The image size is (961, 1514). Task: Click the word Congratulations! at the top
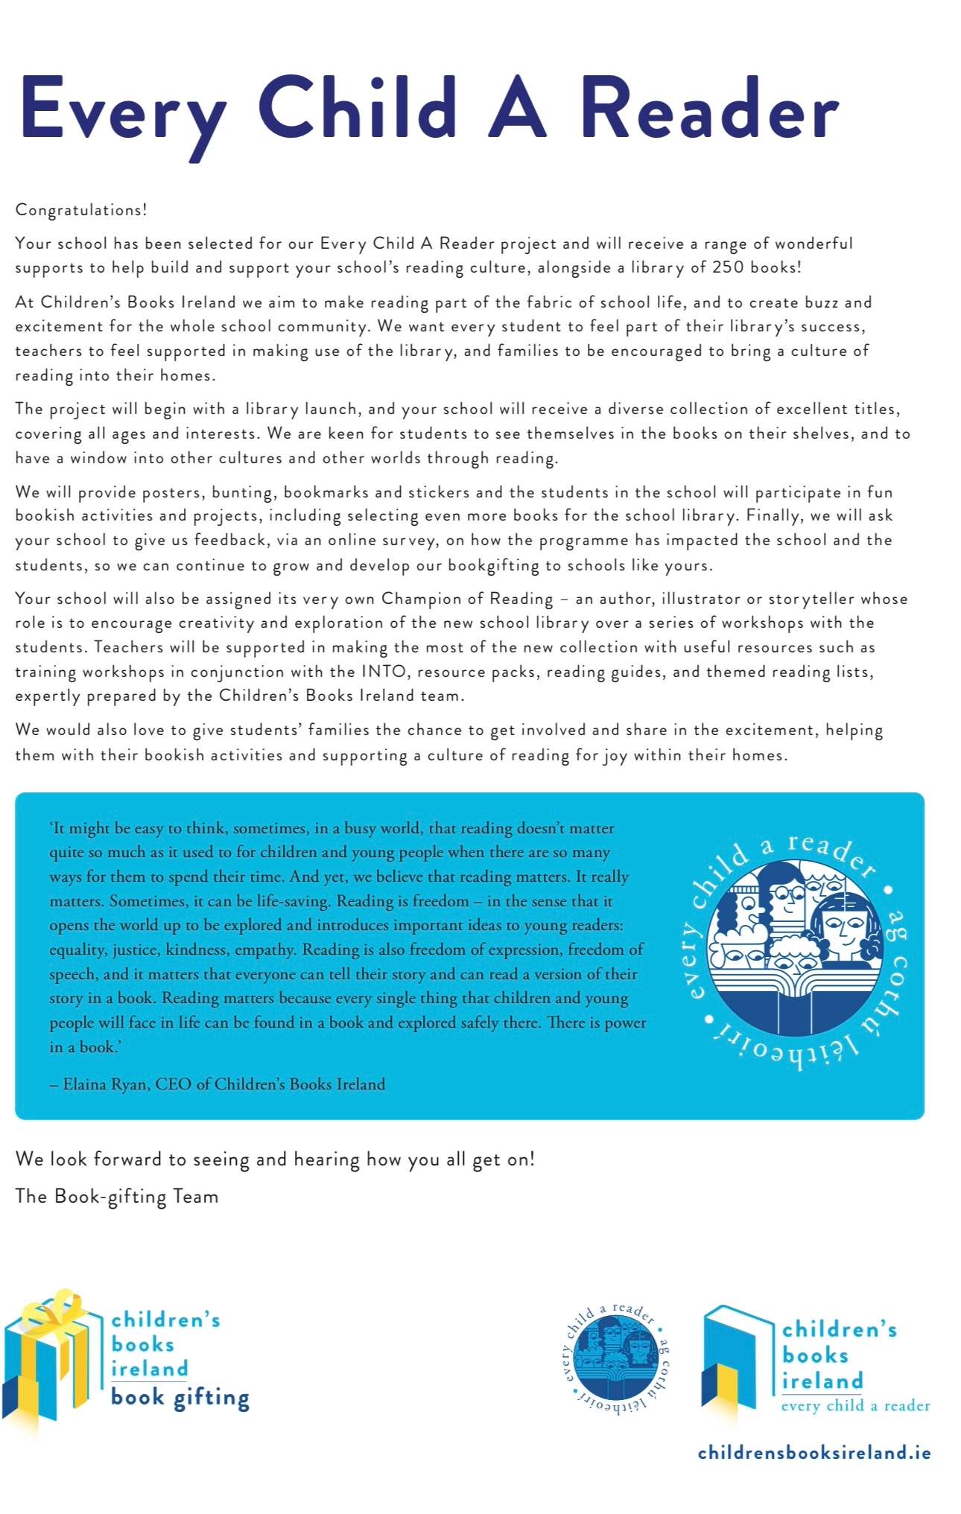coord(81,210)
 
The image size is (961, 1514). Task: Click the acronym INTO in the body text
coord(384,672)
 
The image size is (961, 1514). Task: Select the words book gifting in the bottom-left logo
coord(180,1397)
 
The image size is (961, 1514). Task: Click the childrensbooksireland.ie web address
coord(814,1452)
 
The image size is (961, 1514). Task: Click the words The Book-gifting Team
coord(117,1197)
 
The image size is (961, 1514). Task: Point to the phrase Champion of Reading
coord(467,599)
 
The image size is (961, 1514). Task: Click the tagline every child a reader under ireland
coord(855,1405)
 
